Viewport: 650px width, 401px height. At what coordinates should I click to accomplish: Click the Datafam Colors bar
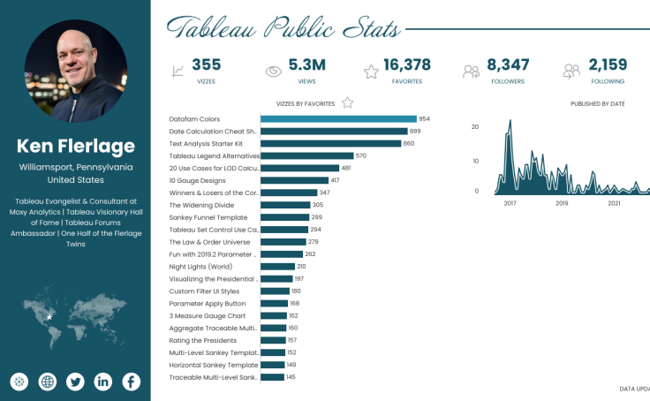point(338,118)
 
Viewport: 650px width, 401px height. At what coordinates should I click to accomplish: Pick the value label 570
point(360,155)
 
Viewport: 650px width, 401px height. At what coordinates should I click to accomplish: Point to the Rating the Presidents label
point(202,340)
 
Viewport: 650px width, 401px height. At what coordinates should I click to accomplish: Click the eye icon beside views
point(274,71)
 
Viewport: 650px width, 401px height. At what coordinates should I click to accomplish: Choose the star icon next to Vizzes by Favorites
point(347,102)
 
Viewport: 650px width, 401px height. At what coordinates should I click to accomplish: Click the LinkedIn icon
point(103,382)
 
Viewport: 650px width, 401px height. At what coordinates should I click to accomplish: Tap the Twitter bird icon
point(75,382)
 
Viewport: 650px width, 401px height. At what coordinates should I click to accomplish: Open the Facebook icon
point(131,382)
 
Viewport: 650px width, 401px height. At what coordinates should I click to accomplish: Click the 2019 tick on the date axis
point(562,202)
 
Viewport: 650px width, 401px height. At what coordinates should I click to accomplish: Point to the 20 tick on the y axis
point(475,126)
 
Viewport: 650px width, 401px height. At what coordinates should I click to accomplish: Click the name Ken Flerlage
point(75,146)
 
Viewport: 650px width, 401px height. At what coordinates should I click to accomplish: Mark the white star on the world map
point(49,316)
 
